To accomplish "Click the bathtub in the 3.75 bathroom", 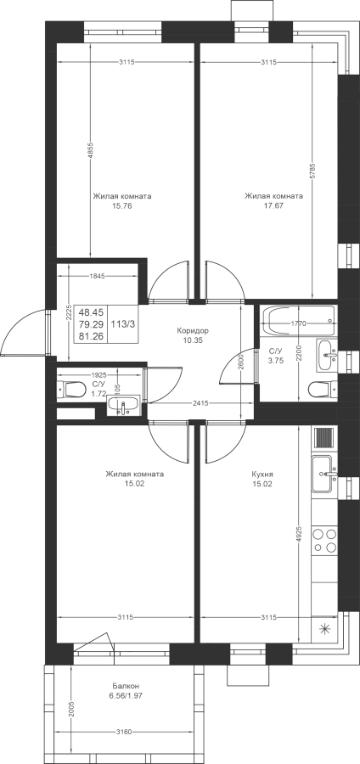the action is click(298, 321).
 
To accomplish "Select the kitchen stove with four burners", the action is click(324, 541).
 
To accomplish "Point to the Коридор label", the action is click(193, 330).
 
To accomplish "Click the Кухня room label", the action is click(262, 474).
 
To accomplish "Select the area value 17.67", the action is click(273, 205).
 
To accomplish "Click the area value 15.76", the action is click(121, 205).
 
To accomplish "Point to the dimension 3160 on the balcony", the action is click(125, 732).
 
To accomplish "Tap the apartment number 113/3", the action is click(124, 323).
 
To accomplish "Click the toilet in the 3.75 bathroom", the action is click(322, 389).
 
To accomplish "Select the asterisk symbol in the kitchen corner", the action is click(324, 629).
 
